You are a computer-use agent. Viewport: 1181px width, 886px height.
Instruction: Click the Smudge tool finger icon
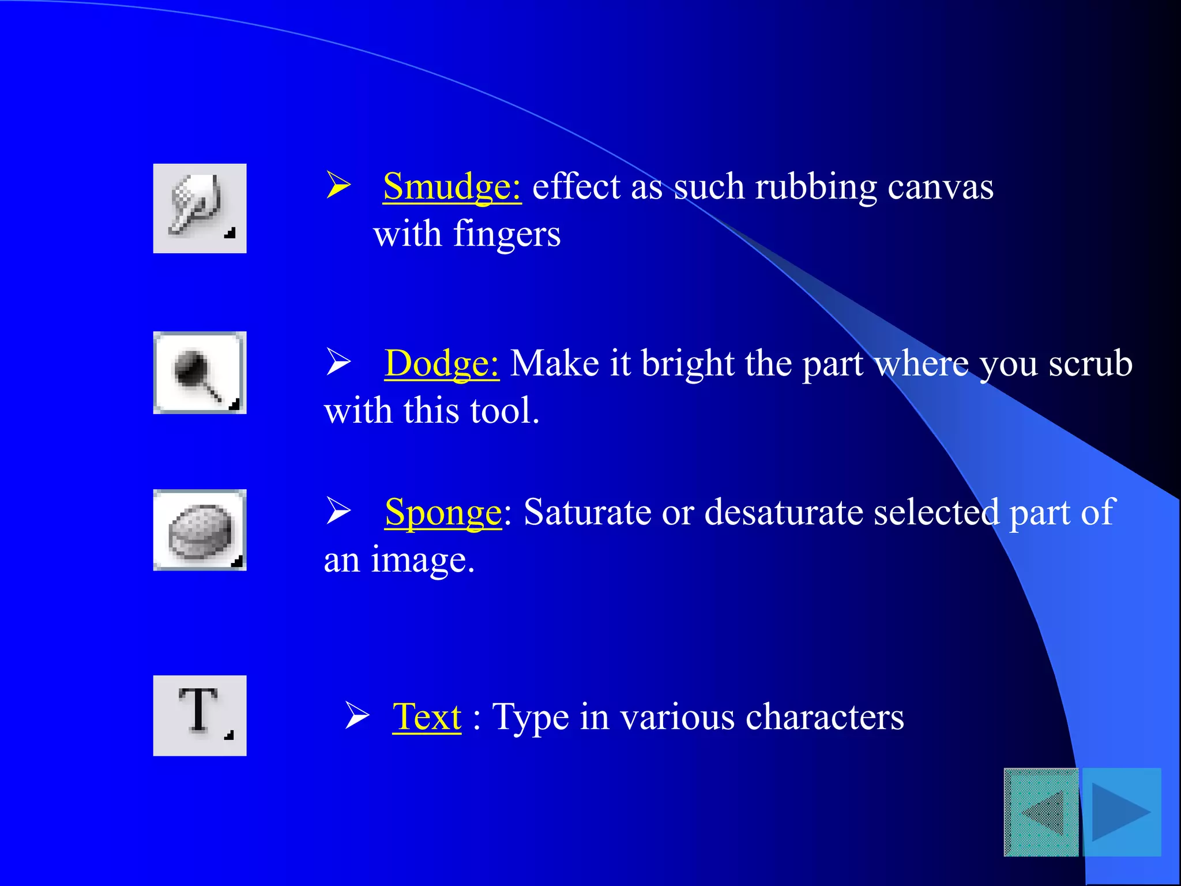pyautogui.click(x=199, y=208)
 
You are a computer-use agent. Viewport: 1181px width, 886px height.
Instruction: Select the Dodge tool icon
pyautogui.click(x=199, y=373)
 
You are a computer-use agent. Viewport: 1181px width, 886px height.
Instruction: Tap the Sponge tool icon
pyautogui.click(x=200, y=530)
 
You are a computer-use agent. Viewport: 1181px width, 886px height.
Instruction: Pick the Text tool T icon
pyautogui.click(x=200, y=715)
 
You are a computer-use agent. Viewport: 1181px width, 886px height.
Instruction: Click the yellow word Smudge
pyautogui.click(x=452, y=187)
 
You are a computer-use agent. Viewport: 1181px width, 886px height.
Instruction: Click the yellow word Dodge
pyautogui.click(x=441, y=364)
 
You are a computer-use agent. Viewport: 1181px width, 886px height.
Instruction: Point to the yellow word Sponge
pyautogui.click(x=443, y=512)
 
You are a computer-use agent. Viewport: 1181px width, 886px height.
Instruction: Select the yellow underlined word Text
pyautogui.click(x=427, y=717)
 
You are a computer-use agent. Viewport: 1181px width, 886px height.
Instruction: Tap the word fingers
pyautogui.click(x=507, y=235)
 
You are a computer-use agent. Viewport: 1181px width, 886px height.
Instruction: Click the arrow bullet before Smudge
pyautogui.click(x=338, y=185)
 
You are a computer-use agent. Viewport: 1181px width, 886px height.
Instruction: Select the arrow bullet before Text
pyautogui.click(x=357, y=715)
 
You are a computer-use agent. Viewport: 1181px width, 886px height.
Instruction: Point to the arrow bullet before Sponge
pyautogui.click(x=338, y=510)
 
